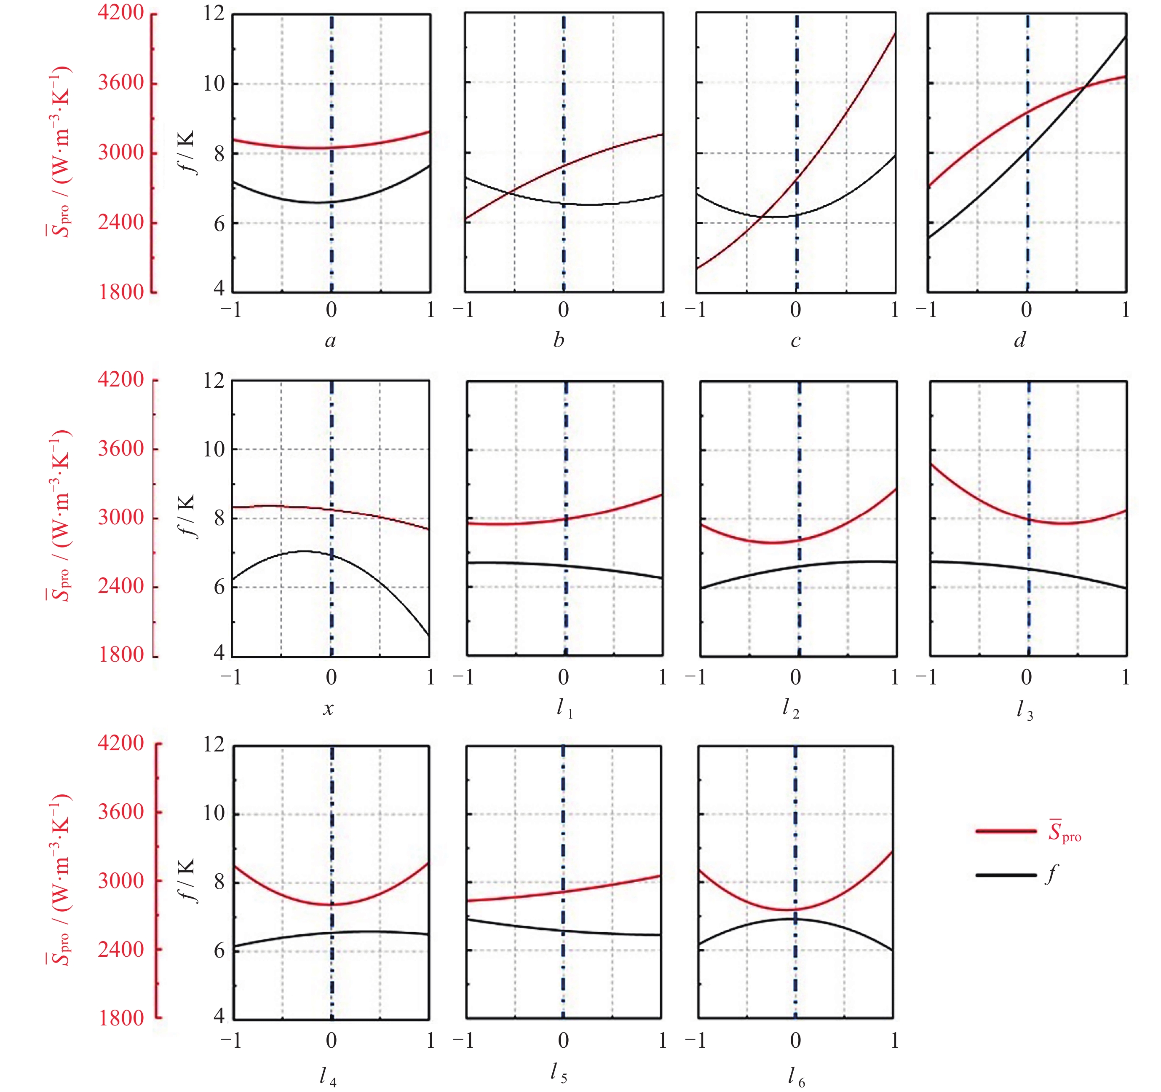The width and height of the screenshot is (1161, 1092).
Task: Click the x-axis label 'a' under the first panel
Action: pos(331,341)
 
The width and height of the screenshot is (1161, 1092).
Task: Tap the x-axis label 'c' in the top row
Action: pos(795,341)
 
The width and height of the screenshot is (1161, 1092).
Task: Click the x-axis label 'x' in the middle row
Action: pos(328,709)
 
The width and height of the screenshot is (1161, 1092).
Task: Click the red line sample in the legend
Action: pos(1006,831)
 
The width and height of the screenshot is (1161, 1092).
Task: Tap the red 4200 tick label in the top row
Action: pos(121,13)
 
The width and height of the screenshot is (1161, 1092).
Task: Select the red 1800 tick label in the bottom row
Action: pos(121,1018)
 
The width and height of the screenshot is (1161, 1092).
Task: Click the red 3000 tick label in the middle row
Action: pos(121,517)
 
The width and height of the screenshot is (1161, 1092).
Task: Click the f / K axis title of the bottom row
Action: pos(186,880)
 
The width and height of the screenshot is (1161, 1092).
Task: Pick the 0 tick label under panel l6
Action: pos(795,1041)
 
